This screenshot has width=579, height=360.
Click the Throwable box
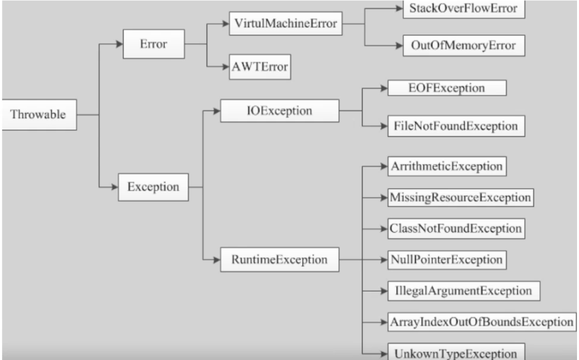pos(39,114)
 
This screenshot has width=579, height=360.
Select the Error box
pos(153,44)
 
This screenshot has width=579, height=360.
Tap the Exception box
pos(153,187)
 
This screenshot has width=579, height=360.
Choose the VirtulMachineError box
pos(286,24)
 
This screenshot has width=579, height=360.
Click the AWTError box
pos(260,67)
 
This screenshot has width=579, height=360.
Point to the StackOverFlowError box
pos(463,9)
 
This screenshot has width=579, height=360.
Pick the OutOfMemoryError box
pos(463,45)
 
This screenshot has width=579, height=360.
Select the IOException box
pos(280,110)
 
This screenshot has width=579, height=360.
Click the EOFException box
pos(447,88)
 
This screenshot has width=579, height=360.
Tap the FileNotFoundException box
pos(456,126)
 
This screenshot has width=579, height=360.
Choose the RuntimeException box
pos(280,260)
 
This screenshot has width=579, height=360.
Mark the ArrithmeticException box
pos(447,166)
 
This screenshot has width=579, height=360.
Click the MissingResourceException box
pos(460,197)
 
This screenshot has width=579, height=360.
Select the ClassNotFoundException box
pos(456,228)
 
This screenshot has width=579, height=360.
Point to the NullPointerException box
pos(447,260)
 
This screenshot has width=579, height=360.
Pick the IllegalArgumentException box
pos(463,290)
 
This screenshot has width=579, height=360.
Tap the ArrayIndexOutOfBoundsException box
pos(482,322)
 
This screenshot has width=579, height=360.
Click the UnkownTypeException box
pos(456,352)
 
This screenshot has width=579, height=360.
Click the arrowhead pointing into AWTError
pos(226,67)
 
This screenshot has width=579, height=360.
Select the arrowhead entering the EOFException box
pos(384,88)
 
